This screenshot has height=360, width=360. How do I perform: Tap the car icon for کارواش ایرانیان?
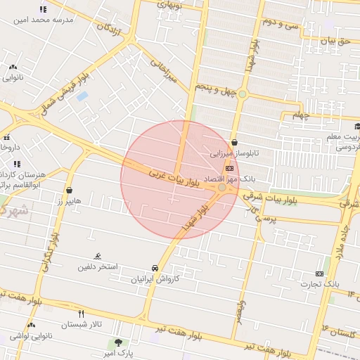click(154, 268)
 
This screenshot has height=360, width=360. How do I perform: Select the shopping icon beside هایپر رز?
click(70, 190)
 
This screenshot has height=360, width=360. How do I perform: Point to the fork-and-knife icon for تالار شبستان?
click(82, 314)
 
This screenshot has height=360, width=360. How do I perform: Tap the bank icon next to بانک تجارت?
click(321, 274)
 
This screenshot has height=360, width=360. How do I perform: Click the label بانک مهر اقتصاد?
click(210, 179)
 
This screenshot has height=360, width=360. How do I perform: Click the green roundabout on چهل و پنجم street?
click(243, 94)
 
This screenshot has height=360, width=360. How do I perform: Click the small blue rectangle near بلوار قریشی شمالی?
click(82, 96)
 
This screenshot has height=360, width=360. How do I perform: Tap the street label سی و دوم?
click(281, 22)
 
